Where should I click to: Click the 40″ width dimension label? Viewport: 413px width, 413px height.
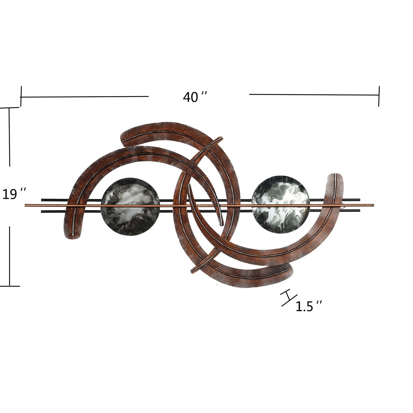pyautogui.click(x=195, y=97)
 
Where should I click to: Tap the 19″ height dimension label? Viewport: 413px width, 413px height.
pyautogui.click(x=14, y=194)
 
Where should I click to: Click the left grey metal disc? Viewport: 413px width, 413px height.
pyautogui.click(x=130, y=206)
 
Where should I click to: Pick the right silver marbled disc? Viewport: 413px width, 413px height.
pyautogui.click(x=281, y=204)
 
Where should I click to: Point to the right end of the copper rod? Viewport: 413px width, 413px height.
pyautogui.click(x=373, y=205)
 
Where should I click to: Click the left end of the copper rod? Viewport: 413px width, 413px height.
pyautogui.click(x=26, y=205)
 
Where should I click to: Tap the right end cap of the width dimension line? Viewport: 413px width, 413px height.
pyautogui.click(x=379, y=96)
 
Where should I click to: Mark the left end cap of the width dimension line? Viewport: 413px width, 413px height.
pyautogui.click(x=21, y=96)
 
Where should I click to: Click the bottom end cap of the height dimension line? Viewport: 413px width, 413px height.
pyautogui.click(x=10, y=286)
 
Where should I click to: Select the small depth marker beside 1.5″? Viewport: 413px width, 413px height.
pyautogui.click(x=288, y=298)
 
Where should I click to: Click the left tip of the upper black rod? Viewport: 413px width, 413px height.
pyautogui.click(x=42, y=199)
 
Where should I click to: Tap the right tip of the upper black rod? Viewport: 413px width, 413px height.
pyautogui.click(x=359, y=199)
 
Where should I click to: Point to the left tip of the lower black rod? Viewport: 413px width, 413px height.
pyautogui.click(x=42, y=211)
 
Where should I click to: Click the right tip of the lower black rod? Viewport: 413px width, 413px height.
pyautogui.click(x=359, y=211)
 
